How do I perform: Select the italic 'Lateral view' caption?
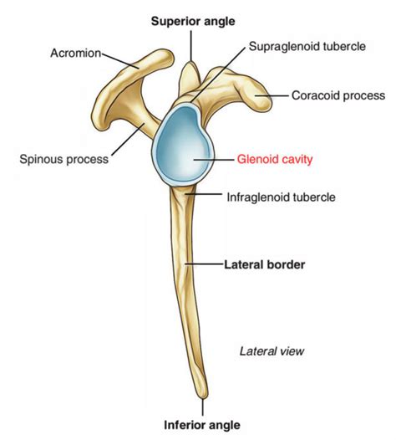(271, 350)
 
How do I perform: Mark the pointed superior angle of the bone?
(192, 65)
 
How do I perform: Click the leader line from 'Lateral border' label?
(205, 264)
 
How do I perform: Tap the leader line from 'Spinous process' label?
(126, 142)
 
